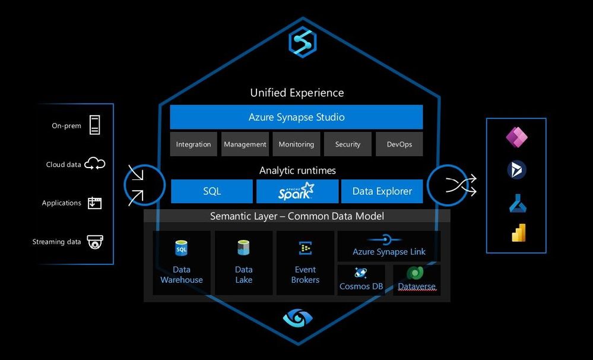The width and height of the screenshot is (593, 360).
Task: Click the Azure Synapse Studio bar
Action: click(x=297, y=117)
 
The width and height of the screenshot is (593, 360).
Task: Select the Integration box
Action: click(x=194, y=144)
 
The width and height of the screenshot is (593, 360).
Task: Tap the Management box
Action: click(x=245, y=144)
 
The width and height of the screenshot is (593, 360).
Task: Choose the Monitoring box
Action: click(x=297, y=144)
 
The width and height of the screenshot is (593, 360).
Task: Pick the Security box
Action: click(x=348, y=144)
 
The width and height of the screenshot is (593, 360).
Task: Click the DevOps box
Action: click(x=399, y=144)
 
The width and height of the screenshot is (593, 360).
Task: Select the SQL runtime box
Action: click(x=212, y=191)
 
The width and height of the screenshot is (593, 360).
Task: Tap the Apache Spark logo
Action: click(x=297, y=191)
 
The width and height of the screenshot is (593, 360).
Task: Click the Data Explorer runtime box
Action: click(x=382, y=191)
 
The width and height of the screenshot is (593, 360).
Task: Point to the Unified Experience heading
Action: click(x=297, y=93)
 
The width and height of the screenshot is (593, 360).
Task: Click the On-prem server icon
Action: click(x=95, y=125)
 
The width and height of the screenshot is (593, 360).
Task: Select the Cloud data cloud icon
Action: click(x=95, y=163)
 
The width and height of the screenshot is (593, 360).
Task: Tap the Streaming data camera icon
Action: click(x=95, y=242)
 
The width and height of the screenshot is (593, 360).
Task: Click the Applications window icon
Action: click(x=94, y=203)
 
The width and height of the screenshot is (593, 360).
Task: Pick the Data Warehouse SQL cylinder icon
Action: click(x=182, y=248)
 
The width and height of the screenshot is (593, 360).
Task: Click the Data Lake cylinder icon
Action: click(x=243, y=248)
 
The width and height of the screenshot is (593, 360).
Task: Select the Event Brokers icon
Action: click(x=305, y=248)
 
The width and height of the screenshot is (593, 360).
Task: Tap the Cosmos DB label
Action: click(x=361, y=286)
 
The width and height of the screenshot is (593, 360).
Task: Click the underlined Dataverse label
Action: click(x=417, y=286)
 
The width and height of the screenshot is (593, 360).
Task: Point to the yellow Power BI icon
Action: click(x=518, y=233)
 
